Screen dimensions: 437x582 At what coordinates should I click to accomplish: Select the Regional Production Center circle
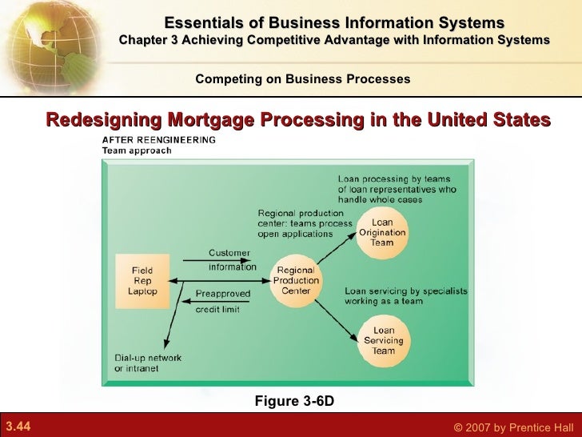(x=297, y=280)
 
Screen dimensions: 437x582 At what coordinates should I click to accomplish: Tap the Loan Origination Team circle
(x=382, y=232)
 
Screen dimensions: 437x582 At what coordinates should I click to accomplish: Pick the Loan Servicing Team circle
(x=384, y=340)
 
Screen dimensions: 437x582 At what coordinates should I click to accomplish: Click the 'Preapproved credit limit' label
(x=223, y=301)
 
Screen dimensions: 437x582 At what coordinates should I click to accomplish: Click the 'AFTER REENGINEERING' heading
(x=158, y=139)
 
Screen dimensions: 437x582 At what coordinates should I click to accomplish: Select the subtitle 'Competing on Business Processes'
(x=303, y=79)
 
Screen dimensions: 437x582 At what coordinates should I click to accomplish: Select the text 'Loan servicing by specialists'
(x=406, y=291)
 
